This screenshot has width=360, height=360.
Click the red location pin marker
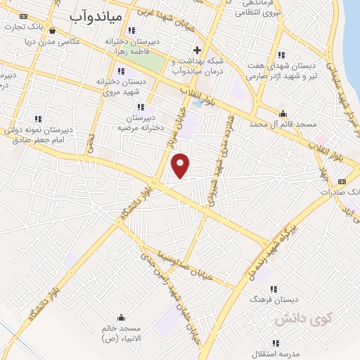pyautogui.click(x=181, y=165)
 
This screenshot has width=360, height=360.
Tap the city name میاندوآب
pyautogui.click(x=97, y=15)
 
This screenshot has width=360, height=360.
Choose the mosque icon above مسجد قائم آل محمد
pyautogui.click(x=283, y=113)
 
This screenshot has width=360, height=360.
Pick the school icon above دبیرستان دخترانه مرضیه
pyautogui.click(x=141, y=107)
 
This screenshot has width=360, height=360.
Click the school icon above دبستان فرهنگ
pyautogui.click(x=274, y=289)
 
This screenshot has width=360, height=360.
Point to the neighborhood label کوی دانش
pyautogui.click(x=292, y=319)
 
